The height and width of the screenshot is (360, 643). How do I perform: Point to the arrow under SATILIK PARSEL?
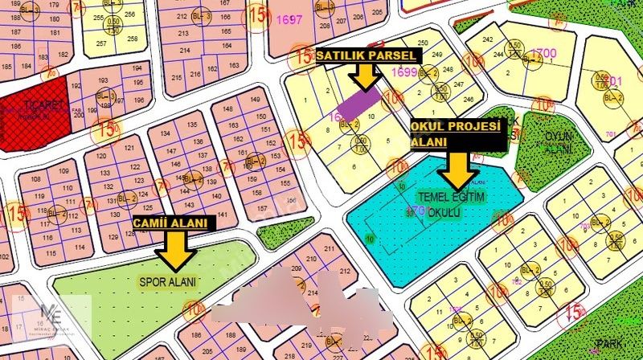pyautogui.click(x=367, y=77)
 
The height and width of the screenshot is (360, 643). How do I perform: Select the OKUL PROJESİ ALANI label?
pyautogui.click(x=455, y=134)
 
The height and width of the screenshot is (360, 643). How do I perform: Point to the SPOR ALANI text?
pyautogui.click(x=167, y=281)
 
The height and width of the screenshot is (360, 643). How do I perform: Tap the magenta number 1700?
pyautogui.click(x=543, y=53)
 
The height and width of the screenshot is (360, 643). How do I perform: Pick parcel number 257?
pyautogui.click(x=101, y=43)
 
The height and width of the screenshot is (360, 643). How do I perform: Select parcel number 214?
pyautogui.click(x=184, y=51)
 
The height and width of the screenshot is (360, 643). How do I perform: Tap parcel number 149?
pyautogui.click(x=256, y=100)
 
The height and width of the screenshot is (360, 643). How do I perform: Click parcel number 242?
pyautogui.click(x=486, y=39)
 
